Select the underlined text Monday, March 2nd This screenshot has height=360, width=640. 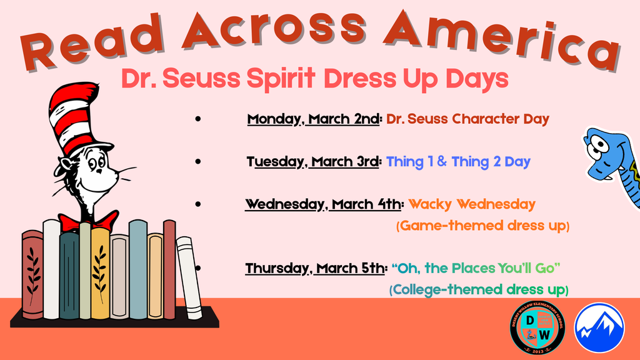(313, 119)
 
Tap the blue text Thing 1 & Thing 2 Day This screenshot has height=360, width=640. (458, 162)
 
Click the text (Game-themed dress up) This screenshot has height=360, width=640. (482, 226)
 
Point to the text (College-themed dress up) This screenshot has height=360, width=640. (479, 290)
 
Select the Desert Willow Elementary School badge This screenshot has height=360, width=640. (537, 328)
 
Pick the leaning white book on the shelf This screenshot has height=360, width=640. (189, 277)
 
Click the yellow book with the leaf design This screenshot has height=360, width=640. (100, 273)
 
